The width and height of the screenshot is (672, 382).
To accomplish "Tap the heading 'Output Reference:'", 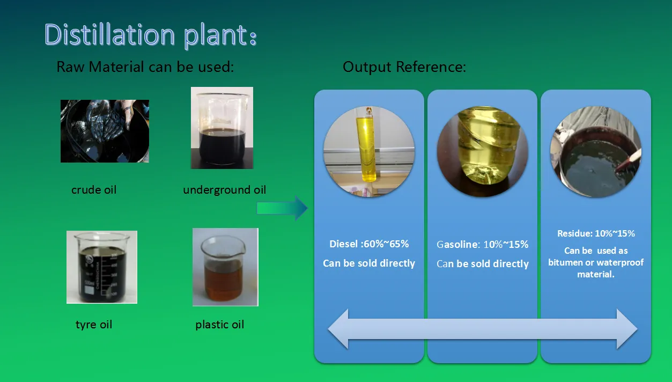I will coord(404,67).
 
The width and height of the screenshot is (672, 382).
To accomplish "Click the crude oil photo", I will coord(105,131).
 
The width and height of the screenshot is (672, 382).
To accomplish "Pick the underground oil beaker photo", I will coord(221,128).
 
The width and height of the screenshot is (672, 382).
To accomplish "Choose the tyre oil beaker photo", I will coord(102,267).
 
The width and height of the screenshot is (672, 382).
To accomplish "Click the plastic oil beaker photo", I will coord(225,267).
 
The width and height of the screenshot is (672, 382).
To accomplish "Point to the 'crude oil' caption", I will coord(94,189).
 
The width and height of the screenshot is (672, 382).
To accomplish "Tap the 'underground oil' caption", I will coord(224,189).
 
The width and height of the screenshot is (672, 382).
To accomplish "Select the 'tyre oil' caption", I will coord(94,324).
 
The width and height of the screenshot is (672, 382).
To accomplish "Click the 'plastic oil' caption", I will coord(219,324).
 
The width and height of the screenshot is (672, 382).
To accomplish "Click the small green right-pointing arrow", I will coord(282,208).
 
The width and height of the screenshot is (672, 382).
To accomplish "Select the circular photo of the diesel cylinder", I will coord(368,152).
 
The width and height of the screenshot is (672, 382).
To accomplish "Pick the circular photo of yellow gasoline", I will coord(482,152).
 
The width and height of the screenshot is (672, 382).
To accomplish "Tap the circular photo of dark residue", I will coord(595,152).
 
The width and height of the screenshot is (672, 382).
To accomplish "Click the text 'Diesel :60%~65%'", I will coord(369,244).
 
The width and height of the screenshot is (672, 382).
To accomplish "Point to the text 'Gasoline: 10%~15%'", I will coord(483,244).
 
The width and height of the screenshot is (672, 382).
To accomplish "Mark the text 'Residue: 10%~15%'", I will coord(595,233).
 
